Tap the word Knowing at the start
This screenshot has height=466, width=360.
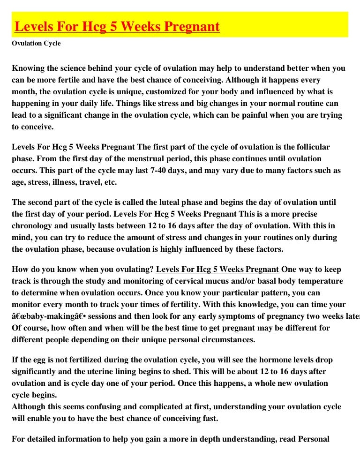(28, 68)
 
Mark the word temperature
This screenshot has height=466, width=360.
(316, 281)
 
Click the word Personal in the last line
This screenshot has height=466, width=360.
(310, 439)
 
